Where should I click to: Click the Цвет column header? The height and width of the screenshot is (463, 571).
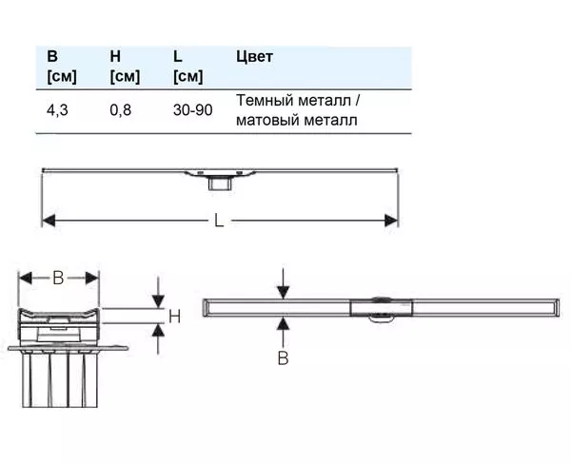pos(254,57)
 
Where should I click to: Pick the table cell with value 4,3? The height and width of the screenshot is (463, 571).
pos(57,110)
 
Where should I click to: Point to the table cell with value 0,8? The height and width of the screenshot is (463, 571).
pos(121,110)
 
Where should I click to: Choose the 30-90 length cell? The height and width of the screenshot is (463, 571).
pos(192,110)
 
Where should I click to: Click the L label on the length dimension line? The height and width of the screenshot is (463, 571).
pos(219,221)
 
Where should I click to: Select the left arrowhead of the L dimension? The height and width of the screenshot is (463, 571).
pos(49,221)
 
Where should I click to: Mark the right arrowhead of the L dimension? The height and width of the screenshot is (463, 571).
pos(391,221)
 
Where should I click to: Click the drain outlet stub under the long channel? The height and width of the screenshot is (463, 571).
pos(220,183)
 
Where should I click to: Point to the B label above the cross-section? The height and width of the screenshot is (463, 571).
pos(58,279)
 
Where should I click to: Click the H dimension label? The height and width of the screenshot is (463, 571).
pos(174,317)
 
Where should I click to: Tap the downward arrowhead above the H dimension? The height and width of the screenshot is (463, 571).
pos(158,302)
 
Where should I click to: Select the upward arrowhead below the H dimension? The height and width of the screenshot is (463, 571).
pos(158,330)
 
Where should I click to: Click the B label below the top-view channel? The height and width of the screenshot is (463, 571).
pos(283,357)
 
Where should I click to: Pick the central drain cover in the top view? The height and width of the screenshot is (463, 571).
pos(382,308)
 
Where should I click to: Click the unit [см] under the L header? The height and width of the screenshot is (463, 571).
pos(187,77)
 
